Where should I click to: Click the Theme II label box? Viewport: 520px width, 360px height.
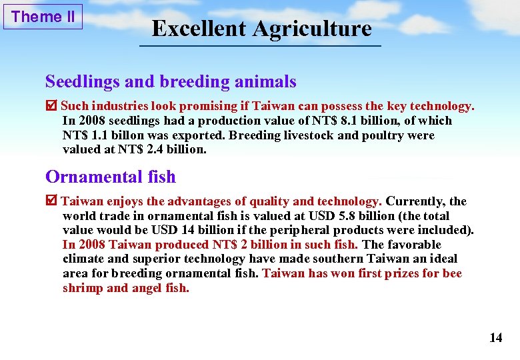tap(43, 17)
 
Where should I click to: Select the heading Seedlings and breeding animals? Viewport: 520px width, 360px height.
tap(171, 82)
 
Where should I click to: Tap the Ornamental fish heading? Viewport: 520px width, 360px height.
tap(111, 177)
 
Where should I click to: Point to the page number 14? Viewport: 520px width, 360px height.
tap(495, 338)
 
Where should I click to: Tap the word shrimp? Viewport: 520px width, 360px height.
tap(83, 288)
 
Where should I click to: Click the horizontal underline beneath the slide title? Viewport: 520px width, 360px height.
tap(260, 45)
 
